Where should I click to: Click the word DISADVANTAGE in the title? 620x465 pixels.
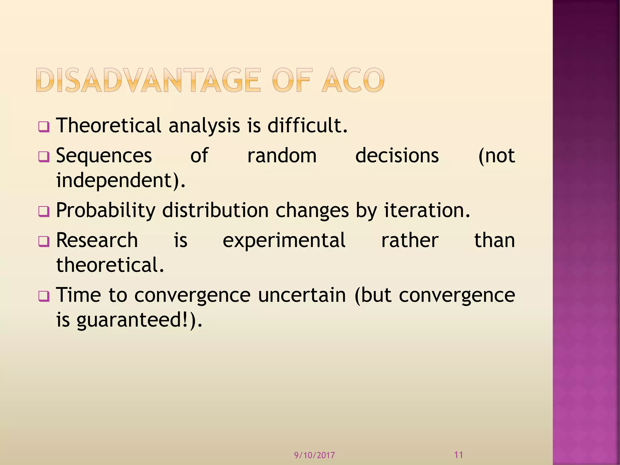point(148,80)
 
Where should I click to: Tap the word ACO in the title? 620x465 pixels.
point(353,80)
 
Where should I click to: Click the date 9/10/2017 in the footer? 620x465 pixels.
point(315,455)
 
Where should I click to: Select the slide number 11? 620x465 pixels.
point(459,454)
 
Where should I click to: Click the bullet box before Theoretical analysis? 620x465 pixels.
point(44,127)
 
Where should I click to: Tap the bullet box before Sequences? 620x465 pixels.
point(44,157)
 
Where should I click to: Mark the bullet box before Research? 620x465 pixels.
point(44,241)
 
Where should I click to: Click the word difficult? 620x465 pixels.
point(307,125)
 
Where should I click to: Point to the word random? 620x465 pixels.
point(282,156)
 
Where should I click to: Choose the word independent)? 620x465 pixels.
point(121,180)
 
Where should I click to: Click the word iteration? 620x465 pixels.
point(427,210)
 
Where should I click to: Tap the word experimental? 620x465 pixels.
point(284,241)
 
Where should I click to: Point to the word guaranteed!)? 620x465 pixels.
point(139,320)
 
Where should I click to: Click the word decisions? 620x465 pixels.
point(397,156)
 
